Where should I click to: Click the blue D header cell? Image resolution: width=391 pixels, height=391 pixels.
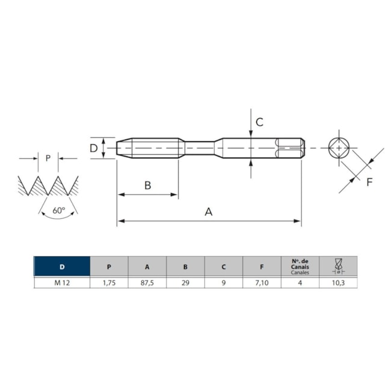click(x=62, y=266)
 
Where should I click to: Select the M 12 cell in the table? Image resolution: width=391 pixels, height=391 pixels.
click(x=62, y=282)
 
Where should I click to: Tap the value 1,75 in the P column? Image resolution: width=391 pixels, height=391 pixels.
click(x=109, y=282)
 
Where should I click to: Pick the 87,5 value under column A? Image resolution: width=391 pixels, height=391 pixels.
click(x=147, y=282)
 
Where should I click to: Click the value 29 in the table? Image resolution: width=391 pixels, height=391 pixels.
click(x=185, y=282)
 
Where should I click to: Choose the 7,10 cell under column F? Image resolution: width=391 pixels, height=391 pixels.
click(x=262, y=282)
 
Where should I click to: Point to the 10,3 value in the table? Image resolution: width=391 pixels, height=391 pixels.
click(x=338, y=282)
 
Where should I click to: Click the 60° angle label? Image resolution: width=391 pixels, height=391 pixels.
click(x=58, y=211)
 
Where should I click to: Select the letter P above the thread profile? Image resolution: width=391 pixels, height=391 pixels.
click(x=48, y=158)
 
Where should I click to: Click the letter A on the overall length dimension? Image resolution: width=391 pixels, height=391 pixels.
click(x=209, y=212)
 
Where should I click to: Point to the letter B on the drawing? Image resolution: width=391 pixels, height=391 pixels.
click(x=147, y=185)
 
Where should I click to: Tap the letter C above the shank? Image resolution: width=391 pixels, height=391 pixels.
click(x=259, y=122)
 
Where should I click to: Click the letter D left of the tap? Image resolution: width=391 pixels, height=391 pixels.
click(x=94, y=148)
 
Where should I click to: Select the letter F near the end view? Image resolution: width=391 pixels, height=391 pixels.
click(x=369, y=181)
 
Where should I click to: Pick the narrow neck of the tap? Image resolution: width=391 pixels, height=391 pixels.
click(x=200, y=147)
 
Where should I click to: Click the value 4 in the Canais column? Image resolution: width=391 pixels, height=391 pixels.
click(x=300, y=282)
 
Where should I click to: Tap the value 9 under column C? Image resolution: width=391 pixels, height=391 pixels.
click(x=224, y=282)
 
